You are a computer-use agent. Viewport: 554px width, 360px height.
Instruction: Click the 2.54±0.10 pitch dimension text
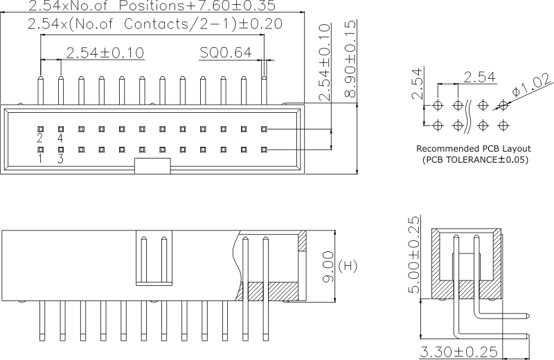[105, 53]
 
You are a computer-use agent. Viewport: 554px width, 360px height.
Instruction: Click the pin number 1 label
[41, 159]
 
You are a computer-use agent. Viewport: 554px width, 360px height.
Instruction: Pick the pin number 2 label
[41, 138]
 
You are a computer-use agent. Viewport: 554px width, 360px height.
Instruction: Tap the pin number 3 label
[61, 159]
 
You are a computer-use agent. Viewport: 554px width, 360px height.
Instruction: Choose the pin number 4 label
[61, 138]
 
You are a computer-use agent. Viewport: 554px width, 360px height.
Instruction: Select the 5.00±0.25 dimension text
[414, 255]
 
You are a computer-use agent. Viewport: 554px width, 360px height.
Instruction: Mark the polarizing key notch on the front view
[152, 165]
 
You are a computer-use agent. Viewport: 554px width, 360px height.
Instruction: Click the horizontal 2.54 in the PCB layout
[479, 76]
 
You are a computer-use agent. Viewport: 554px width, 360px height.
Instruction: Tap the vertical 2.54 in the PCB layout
[416, 84]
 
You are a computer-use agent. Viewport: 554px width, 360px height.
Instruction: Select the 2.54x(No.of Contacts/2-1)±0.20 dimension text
[155, 24]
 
